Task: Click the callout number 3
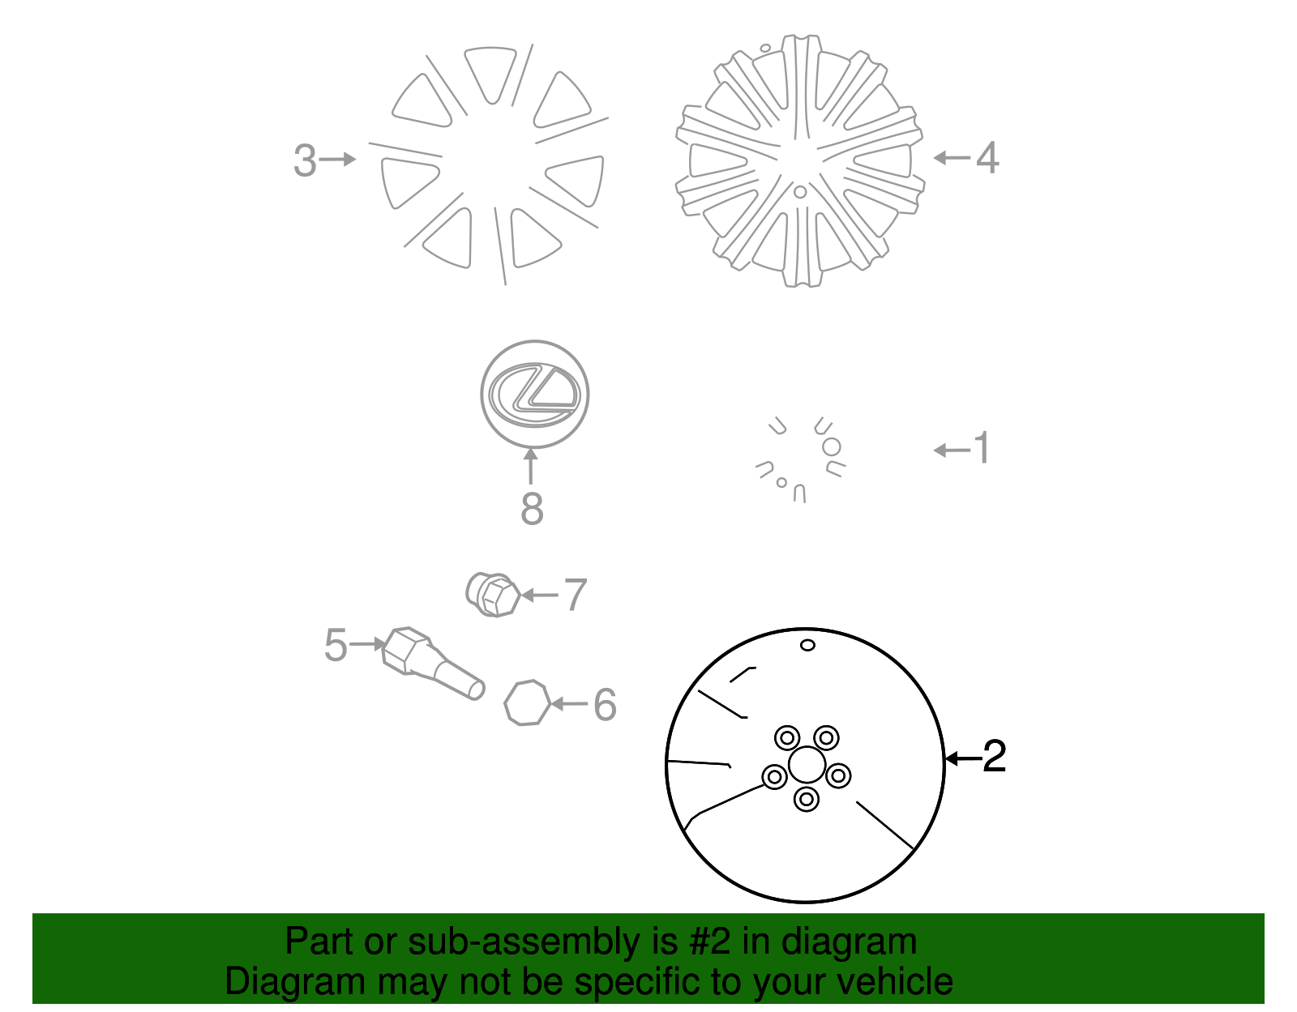(305, 160)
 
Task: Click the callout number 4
(987, 158)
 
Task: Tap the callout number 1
(982, 448)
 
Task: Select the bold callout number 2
(995, 757)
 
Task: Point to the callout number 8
(532, 509)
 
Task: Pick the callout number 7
(576, 595)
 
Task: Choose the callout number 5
(336, 645)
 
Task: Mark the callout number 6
(605, 704)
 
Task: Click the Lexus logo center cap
(535, 394)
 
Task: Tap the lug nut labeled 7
(493, 595)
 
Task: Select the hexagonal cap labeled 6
(527, 702)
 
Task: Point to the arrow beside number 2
(964, 759)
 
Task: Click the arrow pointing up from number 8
(531, 467)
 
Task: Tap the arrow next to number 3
(337, 160)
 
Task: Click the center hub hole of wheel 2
(807, 764)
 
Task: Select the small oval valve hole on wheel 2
(807, 645)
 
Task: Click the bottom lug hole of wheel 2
(807, 799)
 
